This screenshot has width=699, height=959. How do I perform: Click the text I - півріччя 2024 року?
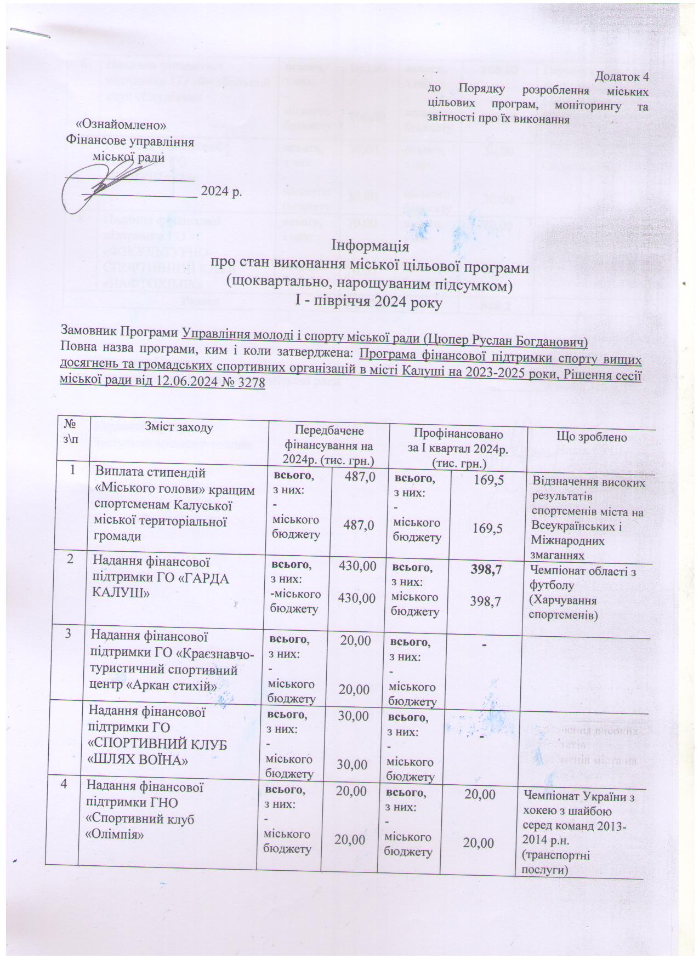(x=368, y=302)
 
